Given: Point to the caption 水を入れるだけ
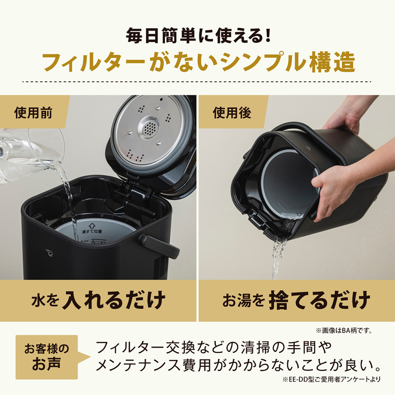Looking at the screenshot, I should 98,300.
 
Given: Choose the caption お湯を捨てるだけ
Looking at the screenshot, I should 296,300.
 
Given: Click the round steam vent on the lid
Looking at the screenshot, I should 149,129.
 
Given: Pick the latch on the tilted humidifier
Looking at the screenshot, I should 256,217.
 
